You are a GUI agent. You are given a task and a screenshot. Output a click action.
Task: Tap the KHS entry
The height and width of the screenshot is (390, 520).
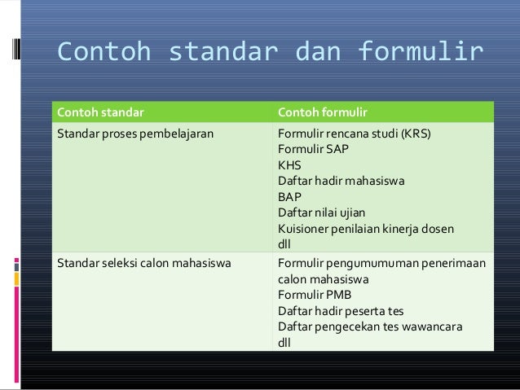(x=289, y=164)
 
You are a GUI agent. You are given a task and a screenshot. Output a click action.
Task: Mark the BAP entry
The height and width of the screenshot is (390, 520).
(x=289, y=196)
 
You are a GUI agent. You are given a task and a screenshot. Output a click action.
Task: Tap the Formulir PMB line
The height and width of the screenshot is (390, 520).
(x=312, y=295)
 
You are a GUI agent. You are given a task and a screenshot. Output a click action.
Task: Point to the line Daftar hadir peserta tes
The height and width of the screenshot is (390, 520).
(x=340, y=311)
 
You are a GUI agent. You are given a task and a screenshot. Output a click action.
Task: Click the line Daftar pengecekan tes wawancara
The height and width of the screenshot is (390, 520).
(x=370, y=327)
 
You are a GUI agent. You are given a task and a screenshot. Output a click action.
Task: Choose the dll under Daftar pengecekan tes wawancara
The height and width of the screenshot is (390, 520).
(x=284, y=343)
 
